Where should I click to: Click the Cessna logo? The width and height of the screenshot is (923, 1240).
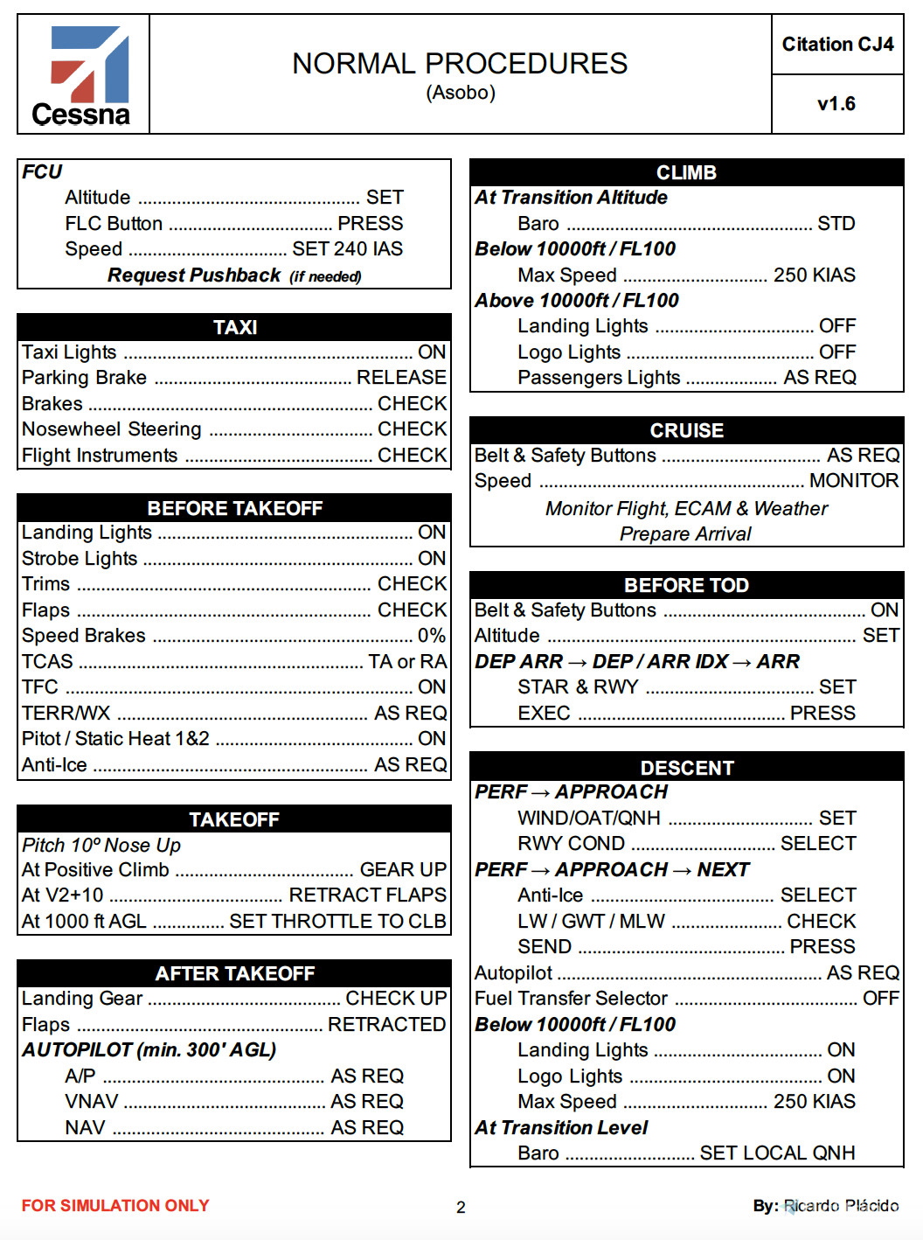pyautogui.click(x=82, y=76)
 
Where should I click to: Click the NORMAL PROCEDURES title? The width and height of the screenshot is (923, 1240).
pyautogui.click(x=460, y=64)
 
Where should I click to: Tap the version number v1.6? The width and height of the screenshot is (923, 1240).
pyautogui.click(x=836, y=104)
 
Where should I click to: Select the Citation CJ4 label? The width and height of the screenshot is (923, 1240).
pyautogui.click(x=837, y=45)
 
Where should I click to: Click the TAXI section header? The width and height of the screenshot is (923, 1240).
pyautogui.click(x=235, y=327)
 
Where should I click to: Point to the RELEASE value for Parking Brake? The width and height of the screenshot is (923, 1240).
pyautogui.click(x=401, y=378)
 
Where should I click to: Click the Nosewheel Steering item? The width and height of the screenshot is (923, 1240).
pyautogui.click(x=112, y=429)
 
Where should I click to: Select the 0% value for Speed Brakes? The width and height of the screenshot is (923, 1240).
pyautogui.click(x=432, y=636)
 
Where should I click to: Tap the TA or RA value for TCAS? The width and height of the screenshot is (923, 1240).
pyautogui.click(x=407, y=662)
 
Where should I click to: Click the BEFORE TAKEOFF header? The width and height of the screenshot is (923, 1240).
pyautogui.click(x=235, y=508)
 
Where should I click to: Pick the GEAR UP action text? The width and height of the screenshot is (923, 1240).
pyautogui.click(x=403, y=870)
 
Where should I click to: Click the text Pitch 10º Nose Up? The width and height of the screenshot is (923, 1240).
pyautogui.click(x=101, y=845)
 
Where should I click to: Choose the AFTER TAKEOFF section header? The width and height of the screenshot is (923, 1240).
pyautogui.click(x=235, y=973)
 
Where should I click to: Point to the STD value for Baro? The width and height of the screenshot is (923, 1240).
pyautogui.click(x=836, y=224)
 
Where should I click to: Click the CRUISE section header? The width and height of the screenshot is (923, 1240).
pyautogui.click(x=687, y=430)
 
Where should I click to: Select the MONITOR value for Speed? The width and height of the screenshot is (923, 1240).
pyautogui.click(x=854, y=481)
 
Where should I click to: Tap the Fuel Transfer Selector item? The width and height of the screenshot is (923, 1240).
pyautogui.click(x=571, y=999)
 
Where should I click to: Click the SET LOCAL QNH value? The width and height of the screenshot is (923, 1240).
pyautogui.click(x=777, y=1153)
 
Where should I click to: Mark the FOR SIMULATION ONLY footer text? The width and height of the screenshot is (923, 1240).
pyautogui.click(x=115, y=1206)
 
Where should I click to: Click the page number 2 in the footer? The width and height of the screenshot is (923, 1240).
pyautogui.click(x=461, y=1208)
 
